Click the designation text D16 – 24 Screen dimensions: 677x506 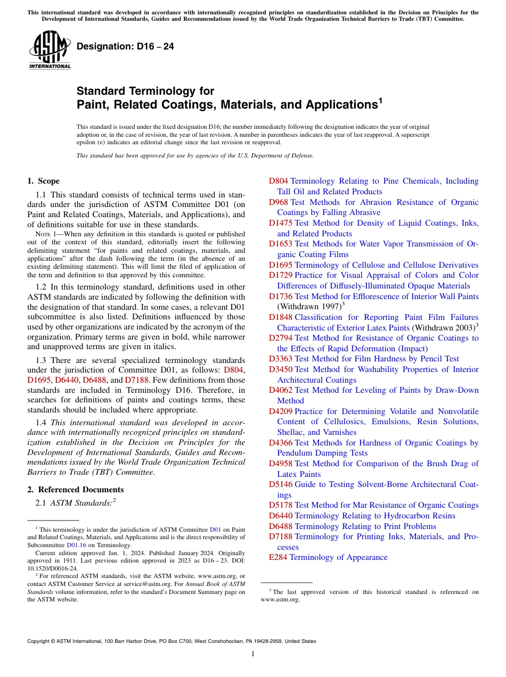125,47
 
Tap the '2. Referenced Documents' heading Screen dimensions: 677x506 76,490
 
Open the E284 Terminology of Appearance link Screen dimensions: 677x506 328,557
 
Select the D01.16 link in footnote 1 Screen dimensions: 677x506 76,545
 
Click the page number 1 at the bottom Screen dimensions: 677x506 253,654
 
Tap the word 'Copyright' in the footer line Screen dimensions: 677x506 40,641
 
